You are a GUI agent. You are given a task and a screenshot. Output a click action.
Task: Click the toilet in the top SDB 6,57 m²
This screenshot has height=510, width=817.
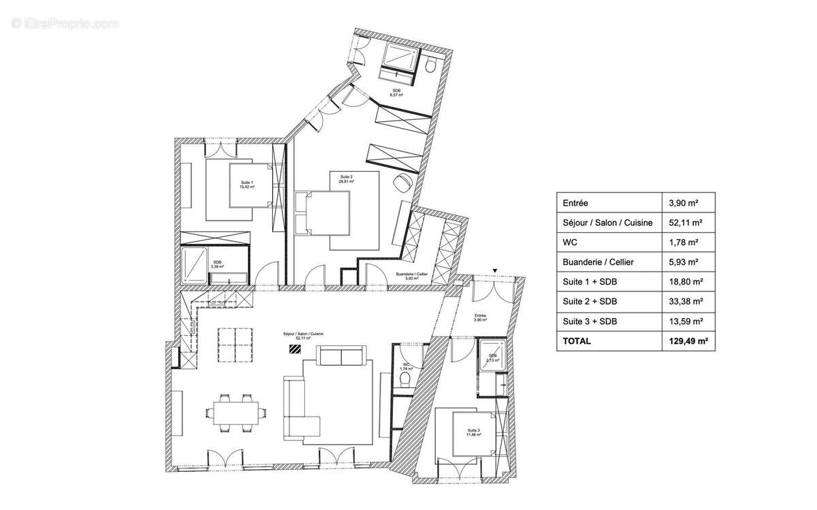(x=430, y=65)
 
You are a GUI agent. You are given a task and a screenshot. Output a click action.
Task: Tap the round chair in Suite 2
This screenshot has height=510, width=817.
(x=402, y=182)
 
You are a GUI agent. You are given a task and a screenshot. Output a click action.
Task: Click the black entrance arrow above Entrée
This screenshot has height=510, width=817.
(x=495, y=271)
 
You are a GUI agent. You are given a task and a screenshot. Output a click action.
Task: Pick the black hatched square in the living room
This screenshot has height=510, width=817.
(x=295, y=350)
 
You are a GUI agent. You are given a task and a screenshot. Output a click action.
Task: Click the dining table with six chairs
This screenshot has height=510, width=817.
(x=233, y=411)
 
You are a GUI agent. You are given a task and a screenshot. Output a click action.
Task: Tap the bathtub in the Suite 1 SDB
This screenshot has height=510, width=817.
(x=195, y=265)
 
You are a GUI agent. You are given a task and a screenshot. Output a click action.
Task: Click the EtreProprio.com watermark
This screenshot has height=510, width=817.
(x=65, y=23)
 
